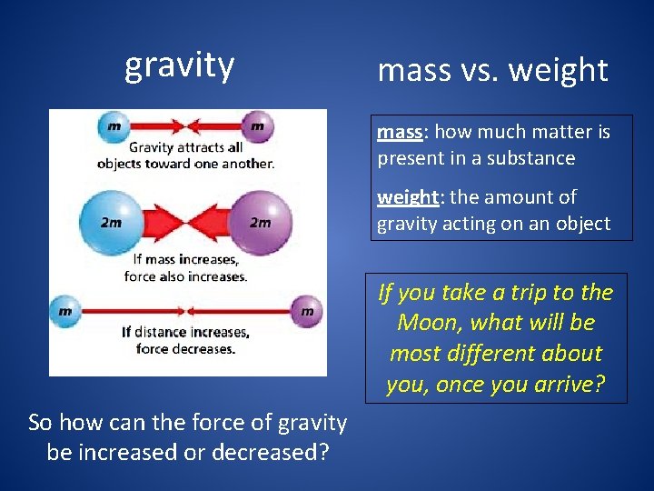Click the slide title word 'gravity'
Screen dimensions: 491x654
(x=179, y=65)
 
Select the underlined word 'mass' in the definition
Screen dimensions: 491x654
(x=400, y=132)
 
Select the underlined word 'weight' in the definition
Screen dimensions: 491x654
(x=407, y=197)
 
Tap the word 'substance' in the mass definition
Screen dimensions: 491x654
(x=533, y=158)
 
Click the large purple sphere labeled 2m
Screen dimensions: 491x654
(x=260, y=221)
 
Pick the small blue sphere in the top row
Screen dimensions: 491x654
(x=112, y=126)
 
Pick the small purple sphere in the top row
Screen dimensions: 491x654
(x=257, y=126)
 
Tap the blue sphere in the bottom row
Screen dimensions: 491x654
(x=65, y=310)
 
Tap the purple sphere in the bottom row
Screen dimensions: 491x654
(x=306, y=310)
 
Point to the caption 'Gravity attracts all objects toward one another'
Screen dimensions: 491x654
(x=185, y=155)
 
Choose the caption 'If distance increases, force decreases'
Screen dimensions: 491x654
(x=185, y=340)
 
